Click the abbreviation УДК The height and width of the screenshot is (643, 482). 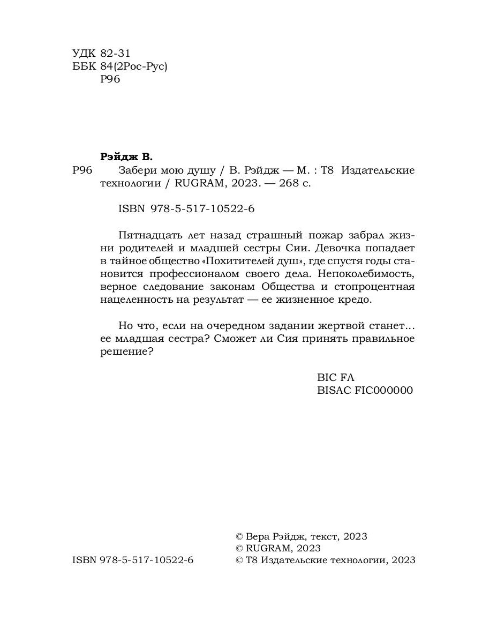83,54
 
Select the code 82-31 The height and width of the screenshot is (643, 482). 116,54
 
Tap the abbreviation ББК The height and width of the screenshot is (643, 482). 83,66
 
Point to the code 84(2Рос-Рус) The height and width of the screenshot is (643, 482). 134,66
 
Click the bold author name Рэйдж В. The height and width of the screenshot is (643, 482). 127,157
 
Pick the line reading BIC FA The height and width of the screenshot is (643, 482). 336,377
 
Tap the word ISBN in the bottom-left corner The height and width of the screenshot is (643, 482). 83,560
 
